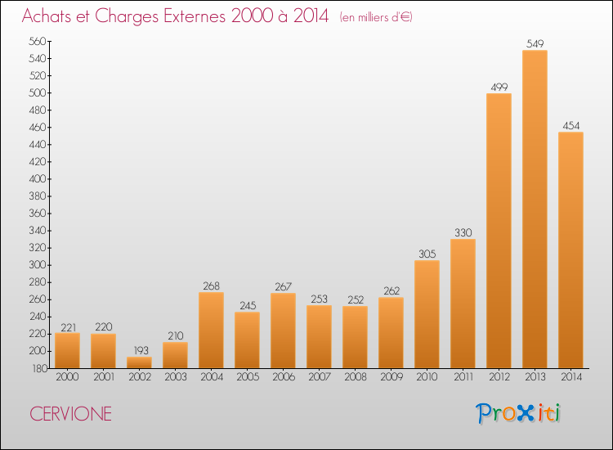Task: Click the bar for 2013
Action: click(535, 209)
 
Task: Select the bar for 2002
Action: click(139, 362)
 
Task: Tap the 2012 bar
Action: click(499, 231)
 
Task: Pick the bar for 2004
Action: click(211, 331)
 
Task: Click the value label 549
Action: click(535, 44)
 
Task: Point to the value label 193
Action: click(141, 350)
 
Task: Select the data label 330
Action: click(463, 233)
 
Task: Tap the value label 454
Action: click(570, 126)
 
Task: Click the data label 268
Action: click(211, 286)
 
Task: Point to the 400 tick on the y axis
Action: click(38, 179)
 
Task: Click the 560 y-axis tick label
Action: click(38, 41)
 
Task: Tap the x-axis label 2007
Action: click(320, 377)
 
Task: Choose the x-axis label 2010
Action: click(427, 377)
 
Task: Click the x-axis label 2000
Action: click(67, 377)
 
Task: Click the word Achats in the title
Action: click(47, 16)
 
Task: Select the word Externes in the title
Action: click(195, 16)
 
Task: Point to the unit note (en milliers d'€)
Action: click(376, 17)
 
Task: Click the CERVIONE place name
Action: click(71, 414)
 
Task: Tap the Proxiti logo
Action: click(518, 413)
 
